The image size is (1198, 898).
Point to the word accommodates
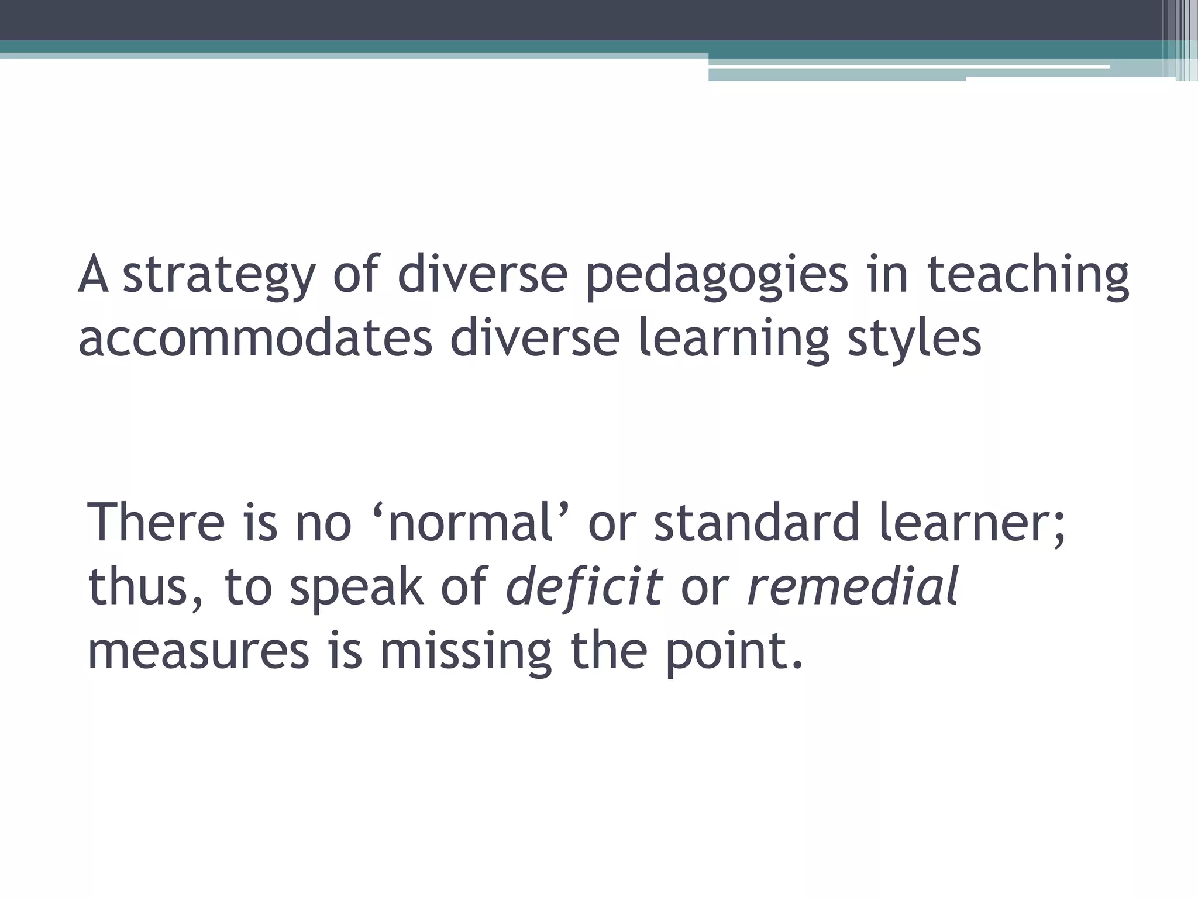255,339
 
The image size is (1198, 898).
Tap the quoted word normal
471,522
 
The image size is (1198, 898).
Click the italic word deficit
584,586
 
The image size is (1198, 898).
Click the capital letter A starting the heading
94,275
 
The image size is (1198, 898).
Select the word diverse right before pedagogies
483,275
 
